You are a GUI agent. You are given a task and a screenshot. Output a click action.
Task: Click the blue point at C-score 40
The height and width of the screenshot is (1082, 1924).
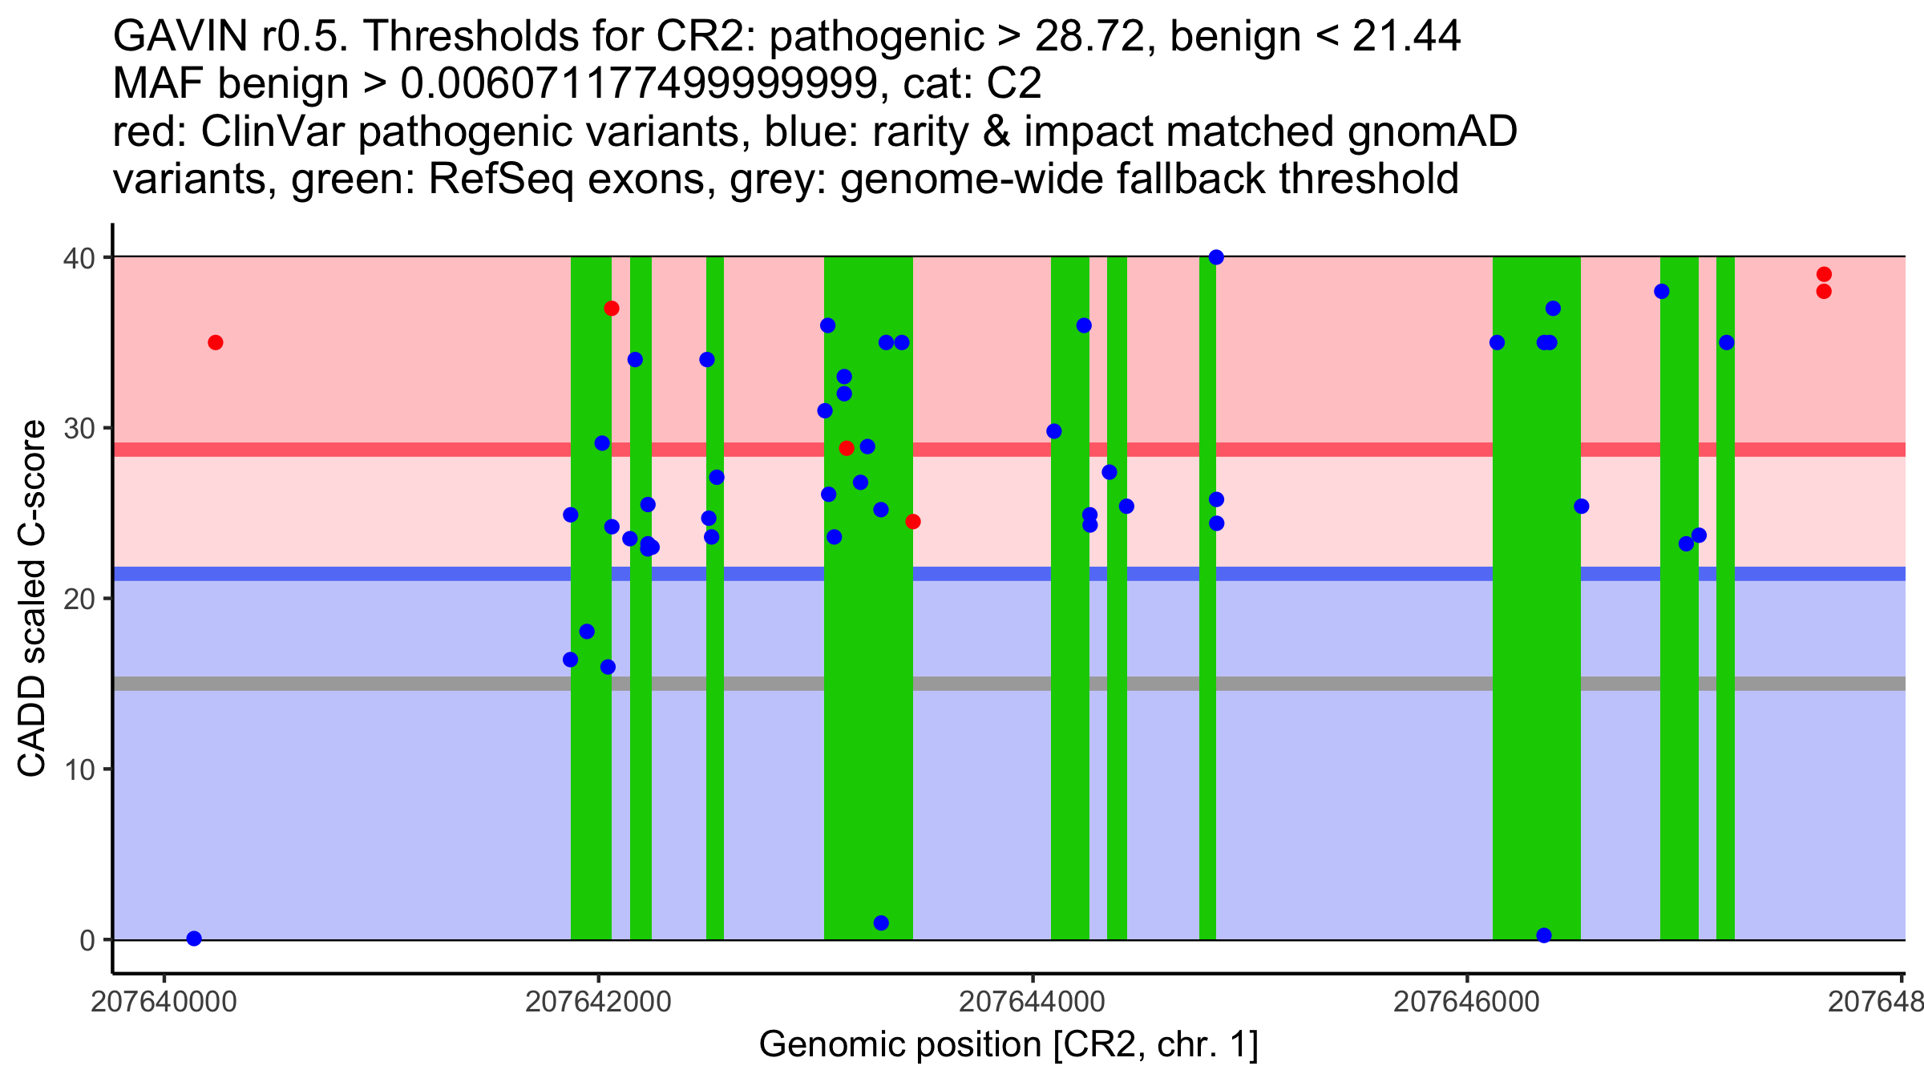coord(1216,257)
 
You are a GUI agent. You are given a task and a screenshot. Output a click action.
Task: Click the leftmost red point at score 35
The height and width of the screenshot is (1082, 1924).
coord(216,343)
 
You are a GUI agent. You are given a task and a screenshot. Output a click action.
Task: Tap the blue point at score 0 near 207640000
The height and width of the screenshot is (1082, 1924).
coord(194,939)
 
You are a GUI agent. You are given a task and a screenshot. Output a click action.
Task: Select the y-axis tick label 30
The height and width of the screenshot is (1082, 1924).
coord(79,428)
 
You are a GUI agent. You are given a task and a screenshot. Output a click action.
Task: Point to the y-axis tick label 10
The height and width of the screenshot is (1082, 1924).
coord(79,769)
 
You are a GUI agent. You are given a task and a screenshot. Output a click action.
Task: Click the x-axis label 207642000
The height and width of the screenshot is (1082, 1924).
coord(598,1003)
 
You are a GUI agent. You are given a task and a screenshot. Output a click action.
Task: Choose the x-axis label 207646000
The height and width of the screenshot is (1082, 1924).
coord(1466,1003)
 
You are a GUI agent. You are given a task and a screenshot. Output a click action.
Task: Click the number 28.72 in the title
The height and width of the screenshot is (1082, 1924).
coord(1089,36)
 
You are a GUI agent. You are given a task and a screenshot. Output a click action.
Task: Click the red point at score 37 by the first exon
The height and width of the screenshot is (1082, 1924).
coord(612,309)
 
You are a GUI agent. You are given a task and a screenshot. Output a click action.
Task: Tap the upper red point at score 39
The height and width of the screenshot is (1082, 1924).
coord(1824,274)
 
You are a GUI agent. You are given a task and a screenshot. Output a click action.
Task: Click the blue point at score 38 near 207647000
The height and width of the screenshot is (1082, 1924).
coord(1662,292)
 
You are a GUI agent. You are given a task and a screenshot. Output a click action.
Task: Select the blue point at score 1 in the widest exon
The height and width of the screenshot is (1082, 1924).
coord(881,923)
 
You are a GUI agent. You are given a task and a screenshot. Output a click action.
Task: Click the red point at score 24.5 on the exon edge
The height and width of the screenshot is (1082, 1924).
coord(913,522)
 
